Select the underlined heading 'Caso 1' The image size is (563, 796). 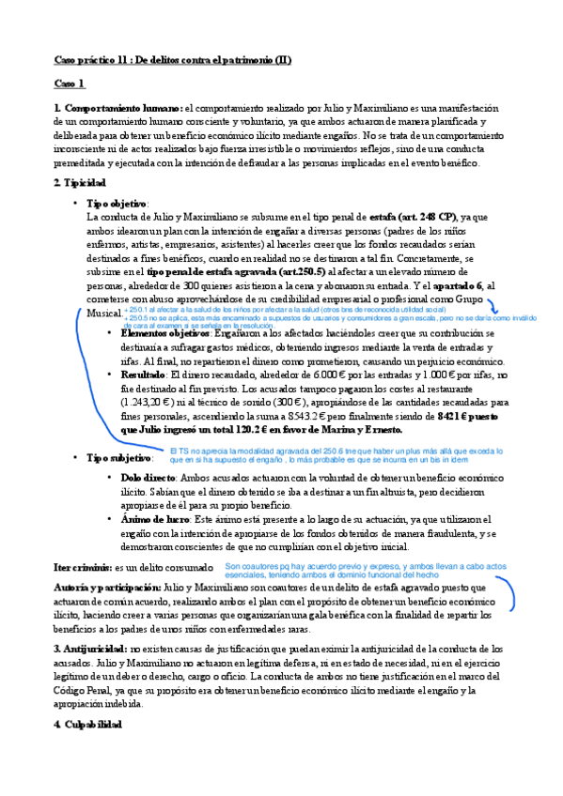[69, 84]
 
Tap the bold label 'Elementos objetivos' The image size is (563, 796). [165, 333]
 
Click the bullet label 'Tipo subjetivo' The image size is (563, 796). [117, 457]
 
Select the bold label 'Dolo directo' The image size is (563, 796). [149, 477]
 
